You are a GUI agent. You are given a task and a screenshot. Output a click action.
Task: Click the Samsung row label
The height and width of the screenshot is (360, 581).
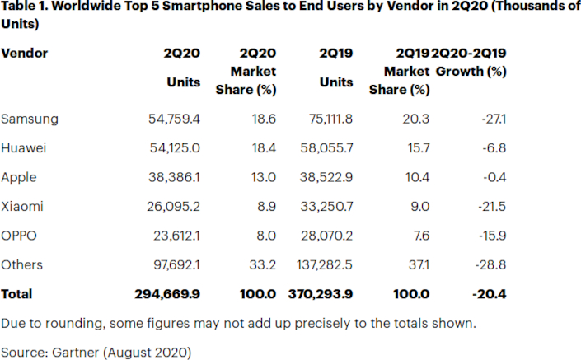[30, 119]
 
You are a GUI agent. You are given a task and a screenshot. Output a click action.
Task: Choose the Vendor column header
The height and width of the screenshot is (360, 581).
[25, 54]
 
